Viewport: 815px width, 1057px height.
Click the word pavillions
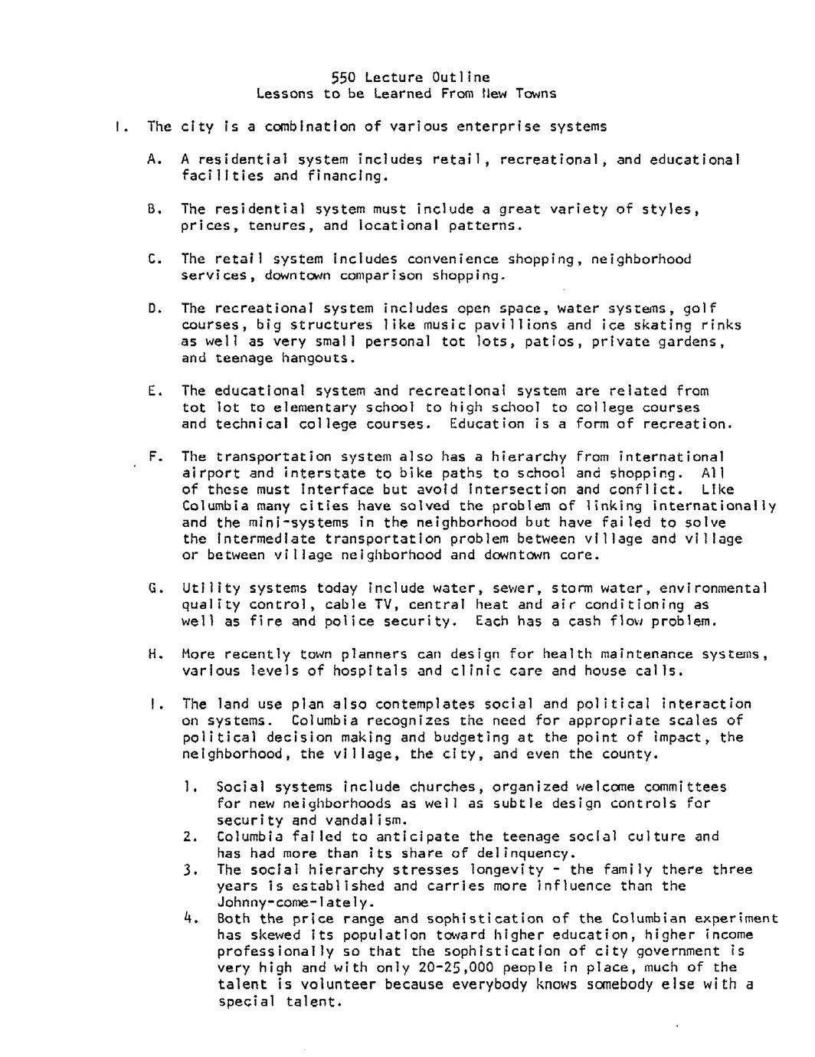(x=518, y=325)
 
